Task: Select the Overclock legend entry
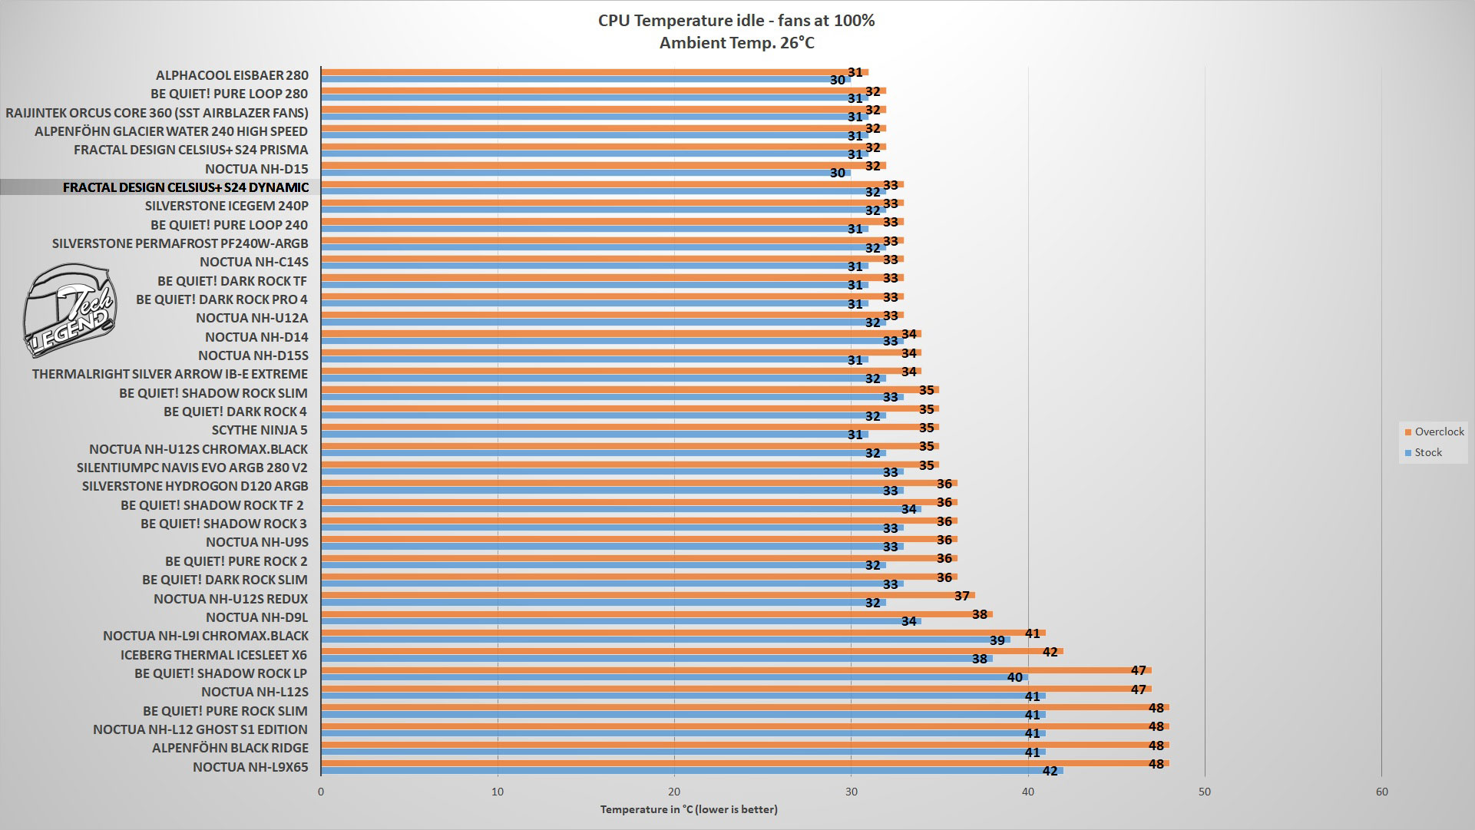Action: [x=1434, y=432]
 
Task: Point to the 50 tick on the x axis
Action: [x=1205, y=792]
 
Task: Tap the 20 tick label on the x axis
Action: [x=674, y=792]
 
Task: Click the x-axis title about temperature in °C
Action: [x=689, y=809]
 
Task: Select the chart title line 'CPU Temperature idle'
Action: [x=736, y=21]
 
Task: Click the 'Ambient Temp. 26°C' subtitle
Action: [x=736, y=43]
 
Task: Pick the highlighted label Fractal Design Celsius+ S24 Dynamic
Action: [x=186, y=187]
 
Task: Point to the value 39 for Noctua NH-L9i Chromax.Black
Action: [x=997, y=640]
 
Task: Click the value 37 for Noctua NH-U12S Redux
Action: [x=962, y=596]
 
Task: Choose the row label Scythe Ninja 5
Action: [x=260, y=430]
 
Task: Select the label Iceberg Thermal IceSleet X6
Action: [x=213, y=655]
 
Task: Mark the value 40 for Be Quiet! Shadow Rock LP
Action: [x=1014, y=677]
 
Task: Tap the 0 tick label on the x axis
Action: [x=321, y=792]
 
